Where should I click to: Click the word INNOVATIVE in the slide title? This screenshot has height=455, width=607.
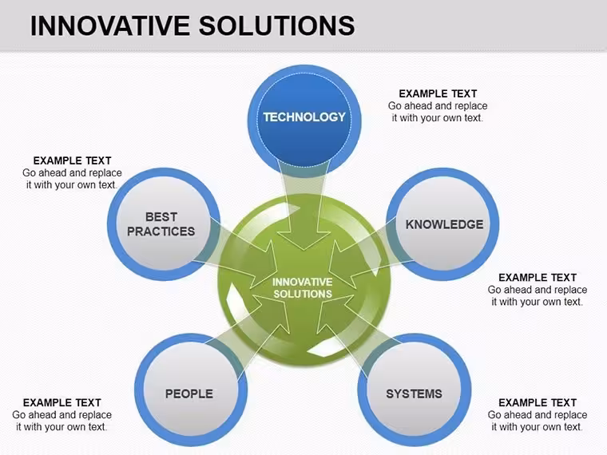tap(109, 26)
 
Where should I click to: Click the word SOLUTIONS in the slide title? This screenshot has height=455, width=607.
tap(277, 26)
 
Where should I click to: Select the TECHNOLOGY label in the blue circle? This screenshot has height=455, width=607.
tap(304, 117)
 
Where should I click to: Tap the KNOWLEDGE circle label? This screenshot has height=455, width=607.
tap(444, 224)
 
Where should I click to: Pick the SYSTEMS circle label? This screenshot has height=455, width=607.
tap(414, 394)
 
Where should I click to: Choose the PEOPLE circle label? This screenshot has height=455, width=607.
tap(189, 394)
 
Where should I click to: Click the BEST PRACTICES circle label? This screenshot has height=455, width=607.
tap(161, 224)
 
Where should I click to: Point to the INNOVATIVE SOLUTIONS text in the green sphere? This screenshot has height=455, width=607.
tap(303, 288)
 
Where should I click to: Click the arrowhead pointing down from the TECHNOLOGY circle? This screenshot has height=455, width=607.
tap(304, 239)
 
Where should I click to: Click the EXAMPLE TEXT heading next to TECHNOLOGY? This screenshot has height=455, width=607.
tap(438, 93)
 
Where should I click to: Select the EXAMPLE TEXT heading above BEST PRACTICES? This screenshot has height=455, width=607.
tap(73, 160)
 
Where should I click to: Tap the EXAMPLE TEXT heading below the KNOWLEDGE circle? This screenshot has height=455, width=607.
tap(538, 278)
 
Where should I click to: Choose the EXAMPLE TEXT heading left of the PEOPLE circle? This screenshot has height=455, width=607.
tap(62, 403)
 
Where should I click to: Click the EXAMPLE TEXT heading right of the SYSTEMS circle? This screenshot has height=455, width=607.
tap(538, 403)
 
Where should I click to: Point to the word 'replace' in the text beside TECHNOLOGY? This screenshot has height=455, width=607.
tap(470, 106)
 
